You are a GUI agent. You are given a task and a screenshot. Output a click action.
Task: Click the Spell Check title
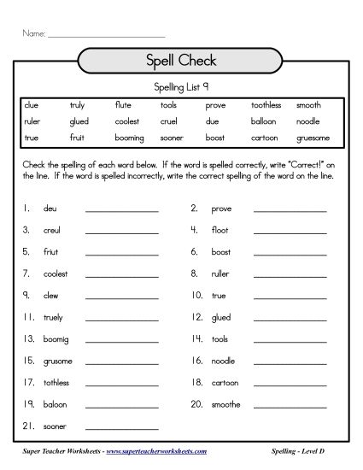coord(181,61)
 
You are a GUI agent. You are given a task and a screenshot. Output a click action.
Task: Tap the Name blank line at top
coord(106,34)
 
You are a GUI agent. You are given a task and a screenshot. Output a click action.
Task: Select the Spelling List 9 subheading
coord(181,87)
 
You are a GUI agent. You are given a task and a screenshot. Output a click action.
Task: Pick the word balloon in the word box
coord(264,121)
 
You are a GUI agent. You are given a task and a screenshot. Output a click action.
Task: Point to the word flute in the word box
coord(124,105)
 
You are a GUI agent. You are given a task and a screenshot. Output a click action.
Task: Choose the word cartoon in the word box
coord(266,137)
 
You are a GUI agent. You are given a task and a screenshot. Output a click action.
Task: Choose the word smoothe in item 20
coord(226,404)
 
